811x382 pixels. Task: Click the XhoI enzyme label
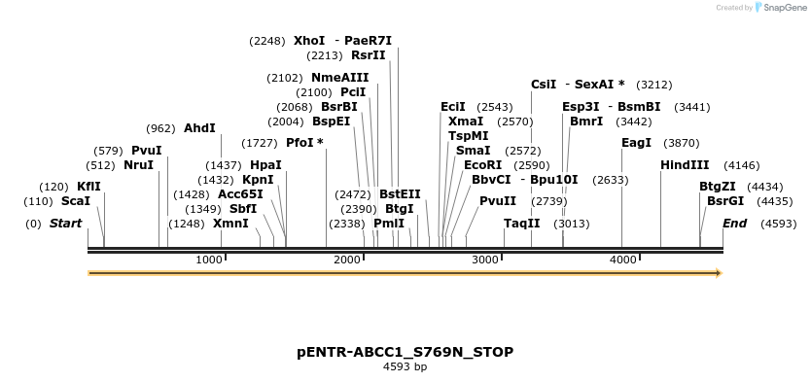coord(309,41)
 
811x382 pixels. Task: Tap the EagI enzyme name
coord(636,143)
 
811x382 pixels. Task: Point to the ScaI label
coord(75,201)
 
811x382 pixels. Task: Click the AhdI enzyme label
coord(199,128)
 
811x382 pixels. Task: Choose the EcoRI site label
coord(482,165)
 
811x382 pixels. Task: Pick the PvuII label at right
coord(498,201)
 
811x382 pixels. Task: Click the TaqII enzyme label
coord(521,224)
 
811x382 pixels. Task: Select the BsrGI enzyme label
coord(724,201)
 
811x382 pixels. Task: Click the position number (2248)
coord(267,41)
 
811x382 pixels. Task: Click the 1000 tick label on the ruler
coord(209,260)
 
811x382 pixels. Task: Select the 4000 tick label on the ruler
coord(623,260)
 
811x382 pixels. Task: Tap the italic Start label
coord(65,224)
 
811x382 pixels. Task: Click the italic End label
coord(734,224)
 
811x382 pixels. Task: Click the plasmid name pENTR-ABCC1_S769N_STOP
coord(405,352)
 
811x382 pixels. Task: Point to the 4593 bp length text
coord(405,367)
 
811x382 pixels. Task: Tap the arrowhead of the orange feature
coord(719,273)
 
